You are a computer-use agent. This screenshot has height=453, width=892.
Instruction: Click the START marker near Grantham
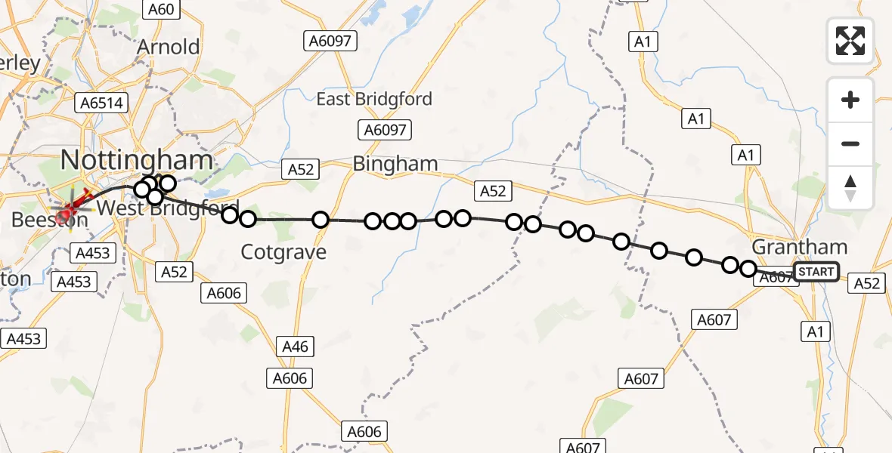[x=816, y=272]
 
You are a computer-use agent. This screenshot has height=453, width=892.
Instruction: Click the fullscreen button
[x=850, y=41]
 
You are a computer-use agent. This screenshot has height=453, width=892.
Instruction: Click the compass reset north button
[x=850, y=188]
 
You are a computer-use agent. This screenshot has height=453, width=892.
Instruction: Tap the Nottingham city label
[x=136, y=160]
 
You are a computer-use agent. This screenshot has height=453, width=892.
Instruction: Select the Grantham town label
[x=800, y=247]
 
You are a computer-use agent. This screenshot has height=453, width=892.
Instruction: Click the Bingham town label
[x=395, y=163]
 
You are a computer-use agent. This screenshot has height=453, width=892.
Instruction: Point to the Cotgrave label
[x=283, y=252]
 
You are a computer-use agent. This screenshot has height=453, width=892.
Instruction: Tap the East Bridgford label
[x=374, y=99]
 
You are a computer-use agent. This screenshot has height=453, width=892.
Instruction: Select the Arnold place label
[x=168, y=47]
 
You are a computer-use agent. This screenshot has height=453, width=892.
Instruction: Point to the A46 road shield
[x=295, y=347]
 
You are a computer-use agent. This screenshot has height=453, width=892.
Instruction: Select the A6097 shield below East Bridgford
[x=385, y=130]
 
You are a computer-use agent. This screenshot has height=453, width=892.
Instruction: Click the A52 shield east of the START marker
[x=866, y=282]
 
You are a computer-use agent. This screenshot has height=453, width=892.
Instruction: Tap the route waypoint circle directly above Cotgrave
[x=321, y=220]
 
